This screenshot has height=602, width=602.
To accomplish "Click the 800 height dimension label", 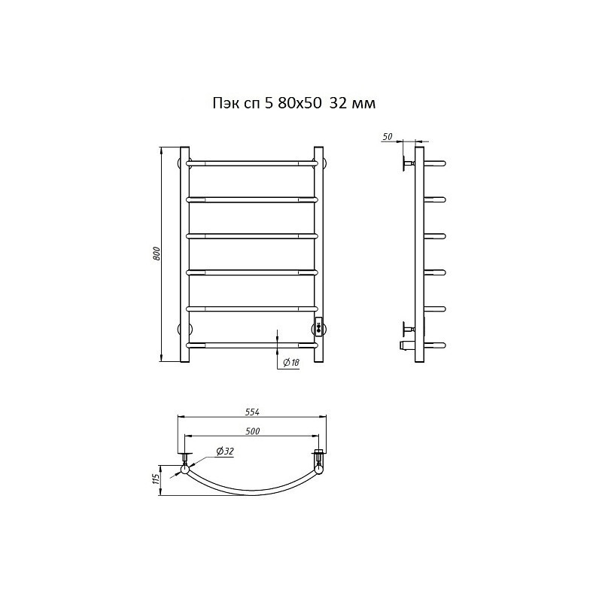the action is coord(157,254).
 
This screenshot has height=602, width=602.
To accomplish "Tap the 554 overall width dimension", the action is coord(252,412).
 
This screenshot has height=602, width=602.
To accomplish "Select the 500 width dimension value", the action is coord(252,431).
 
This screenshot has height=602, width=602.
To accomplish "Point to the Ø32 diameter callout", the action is coord(225,451).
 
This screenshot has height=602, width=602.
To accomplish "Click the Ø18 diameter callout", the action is coord(290,363).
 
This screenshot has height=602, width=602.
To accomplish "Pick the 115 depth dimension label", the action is coord(156,480).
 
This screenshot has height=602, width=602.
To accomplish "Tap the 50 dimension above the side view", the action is coord(388,136).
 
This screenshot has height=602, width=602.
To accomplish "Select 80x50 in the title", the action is coord(299,103).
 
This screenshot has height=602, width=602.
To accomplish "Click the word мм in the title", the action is coord(363,104).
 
